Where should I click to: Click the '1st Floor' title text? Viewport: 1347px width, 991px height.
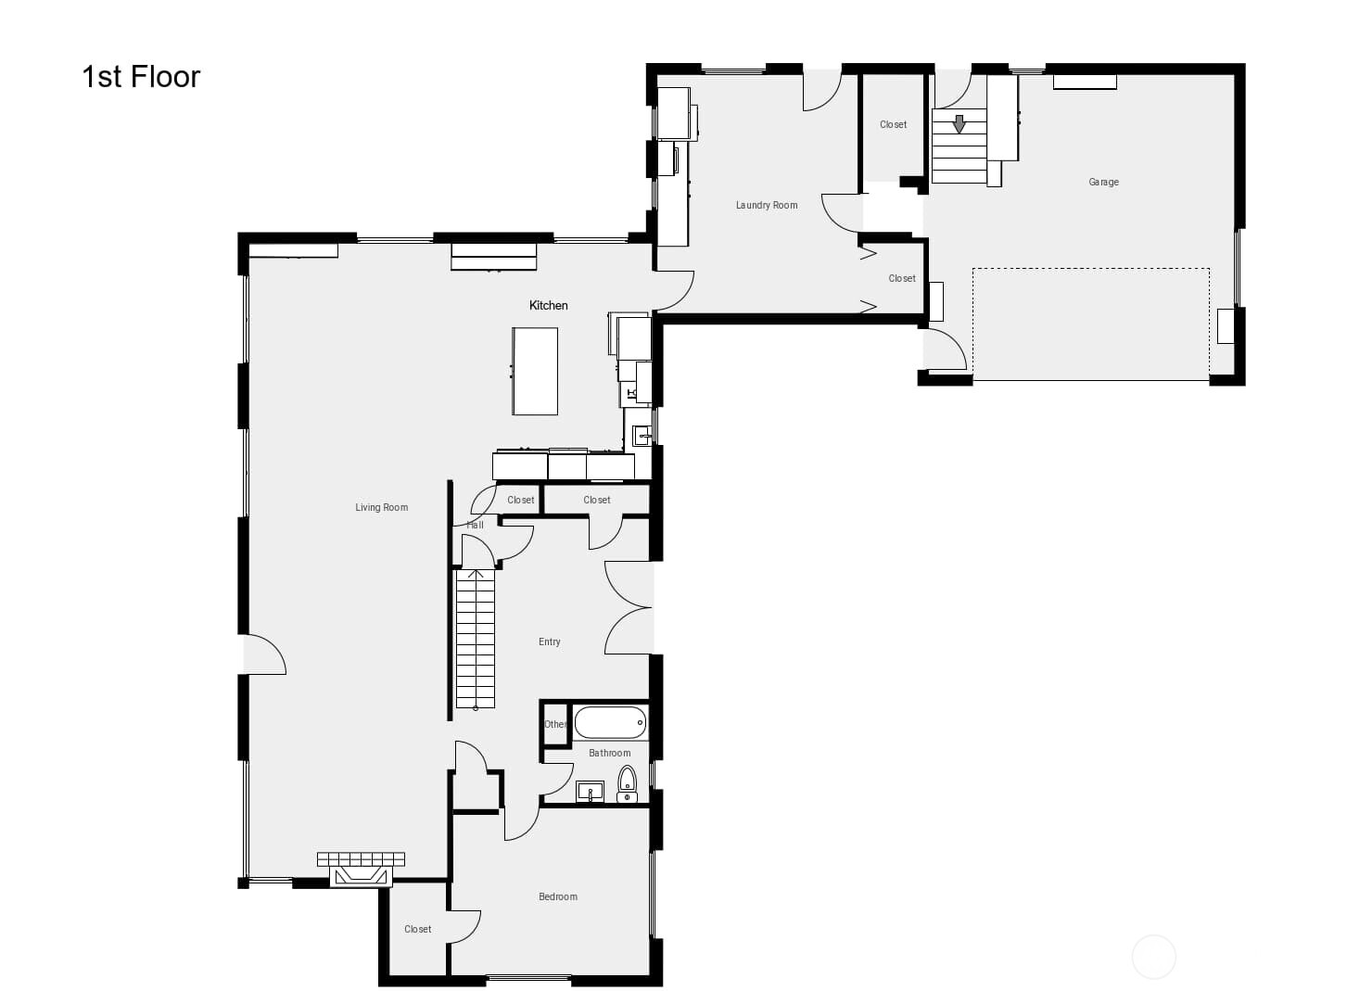coord(141,77)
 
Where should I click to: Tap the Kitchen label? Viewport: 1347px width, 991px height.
coord(548,305)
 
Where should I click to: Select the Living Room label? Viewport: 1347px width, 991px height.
coord(381,507)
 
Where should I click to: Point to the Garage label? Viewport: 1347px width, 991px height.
coord(1103,182)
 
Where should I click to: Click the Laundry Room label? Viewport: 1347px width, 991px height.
coord(766,205)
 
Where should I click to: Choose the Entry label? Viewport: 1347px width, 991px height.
coord(549,642)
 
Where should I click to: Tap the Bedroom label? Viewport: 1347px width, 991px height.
coord(557,896)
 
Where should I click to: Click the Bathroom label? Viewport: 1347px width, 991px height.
coord(609,753)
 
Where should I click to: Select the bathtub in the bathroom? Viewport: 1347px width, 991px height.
coord(609,722)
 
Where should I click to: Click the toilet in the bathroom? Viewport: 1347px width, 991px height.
coord(628,783)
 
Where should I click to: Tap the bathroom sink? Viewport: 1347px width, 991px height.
coord(590,792)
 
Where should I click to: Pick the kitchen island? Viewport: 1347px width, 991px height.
coord(535,371)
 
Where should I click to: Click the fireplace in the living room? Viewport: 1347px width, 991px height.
coord(361,871)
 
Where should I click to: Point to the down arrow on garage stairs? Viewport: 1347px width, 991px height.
coord(959,123)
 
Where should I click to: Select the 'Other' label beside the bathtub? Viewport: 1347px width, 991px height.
coord(554,724)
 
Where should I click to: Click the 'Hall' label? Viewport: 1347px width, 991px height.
coord(475,525)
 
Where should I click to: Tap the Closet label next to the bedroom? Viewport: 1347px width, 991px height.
coord(417,929)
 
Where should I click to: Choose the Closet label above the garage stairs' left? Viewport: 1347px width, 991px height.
coord(893,124)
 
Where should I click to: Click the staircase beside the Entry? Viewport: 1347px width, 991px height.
coord(475,640)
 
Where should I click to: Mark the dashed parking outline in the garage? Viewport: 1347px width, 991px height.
coord(1090,324)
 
